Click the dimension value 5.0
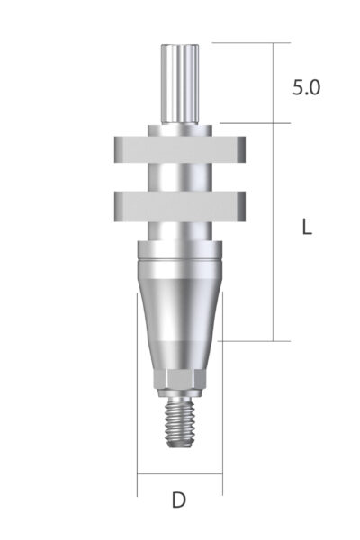[307, 87]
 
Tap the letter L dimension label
[307, 228]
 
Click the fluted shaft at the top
[179, 83]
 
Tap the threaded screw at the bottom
[179, 423]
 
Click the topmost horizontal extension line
[252, 42]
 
